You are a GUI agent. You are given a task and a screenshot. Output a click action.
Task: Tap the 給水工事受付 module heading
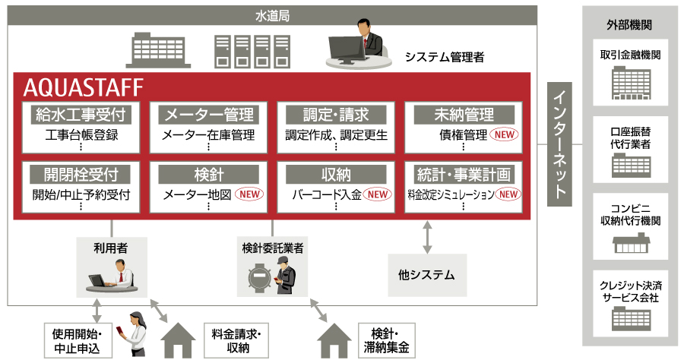pyautogui.click(x=80, y=115)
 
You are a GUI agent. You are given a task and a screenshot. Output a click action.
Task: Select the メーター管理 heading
pyautogui.click(x=207, y=115)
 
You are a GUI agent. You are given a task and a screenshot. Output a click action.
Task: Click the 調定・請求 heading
pyautogui.click(x=336, y=115)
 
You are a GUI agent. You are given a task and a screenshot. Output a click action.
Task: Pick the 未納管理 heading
pyautogui.click(x=464, y=115)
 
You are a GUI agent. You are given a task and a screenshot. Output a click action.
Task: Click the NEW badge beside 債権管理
pyautogui.click(x=505, y=135)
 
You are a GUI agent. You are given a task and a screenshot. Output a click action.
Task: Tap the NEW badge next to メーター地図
pyautogui.click(x=251, y=194)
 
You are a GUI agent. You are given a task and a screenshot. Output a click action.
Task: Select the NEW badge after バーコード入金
pyautogui.click(x=378, y=194)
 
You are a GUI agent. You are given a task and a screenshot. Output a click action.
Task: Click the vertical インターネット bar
pyautogui.click(x=560, y=144)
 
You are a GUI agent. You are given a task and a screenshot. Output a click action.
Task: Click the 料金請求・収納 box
pyautogui.click(x=238, y=339)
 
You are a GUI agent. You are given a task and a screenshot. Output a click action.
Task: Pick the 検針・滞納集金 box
pyautogui.click(x=390, y=339)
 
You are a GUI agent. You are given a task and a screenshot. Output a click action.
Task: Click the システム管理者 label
pyautogui.click(x=444, y=56)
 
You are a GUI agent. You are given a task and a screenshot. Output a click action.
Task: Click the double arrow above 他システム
pyautogui.click(x=427, y=238)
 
